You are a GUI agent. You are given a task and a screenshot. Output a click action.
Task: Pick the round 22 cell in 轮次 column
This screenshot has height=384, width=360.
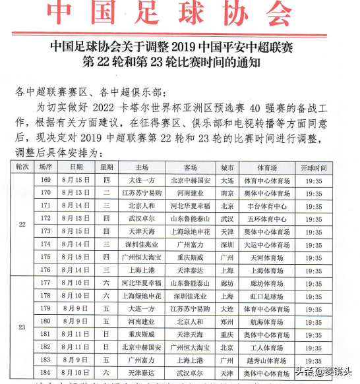pyautogui.click(x=22, y=224)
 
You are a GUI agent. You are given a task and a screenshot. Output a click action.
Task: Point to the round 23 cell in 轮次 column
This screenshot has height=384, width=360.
pyautogui.click(x=22, y=327)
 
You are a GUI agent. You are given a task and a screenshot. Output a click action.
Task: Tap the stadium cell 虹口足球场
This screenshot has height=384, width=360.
pyautogui.click(x=266, y=296)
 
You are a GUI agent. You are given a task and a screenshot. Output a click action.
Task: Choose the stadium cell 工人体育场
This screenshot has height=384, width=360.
pyautogui.click(x=266, y=347)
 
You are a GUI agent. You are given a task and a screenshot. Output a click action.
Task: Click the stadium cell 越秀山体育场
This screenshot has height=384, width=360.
pyautogui.click(x=266, y=361)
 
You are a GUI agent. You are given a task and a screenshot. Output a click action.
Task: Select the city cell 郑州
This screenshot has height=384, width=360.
pyautogui.click(x=227, y=321)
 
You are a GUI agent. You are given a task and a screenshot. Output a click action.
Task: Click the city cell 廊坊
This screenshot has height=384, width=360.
pyautogui.click(x=227, y=283)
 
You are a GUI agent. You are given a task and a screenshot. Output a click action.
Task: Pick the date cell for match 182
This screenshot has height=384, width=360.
pyautogui.click(x=75, y=347)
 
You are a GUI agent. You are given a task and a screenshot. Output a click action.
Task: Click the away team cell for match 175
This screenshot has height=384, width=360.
pyautogui.click(x=191, y=257)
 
